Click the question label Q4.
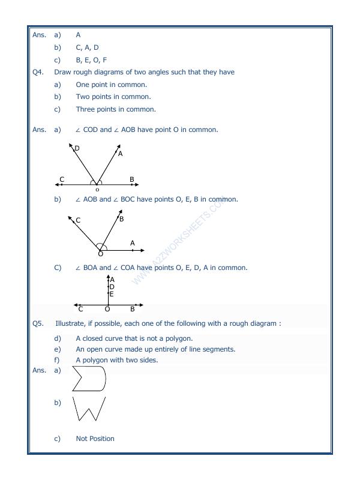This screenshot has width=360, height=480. pyautogui.click(x=37, y=72)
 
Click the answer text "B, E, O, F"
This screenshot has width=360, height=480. pyautogui.click(x=91, y=60)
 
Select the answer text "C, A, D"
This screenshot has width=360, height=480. pyautogui.click(x=87, y=47)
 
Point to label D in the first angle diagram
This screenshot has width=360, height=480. pyautogui.click(x=77, y=148)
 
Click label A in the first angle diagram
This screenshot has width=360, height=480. pyautogui.click(x=120, y=154)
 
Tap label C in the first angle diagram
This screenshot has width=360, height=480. pyautogui.click(x=62, y=179)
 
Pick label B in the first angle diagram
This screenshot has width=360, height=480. pyautogui.click(x=131, y=179)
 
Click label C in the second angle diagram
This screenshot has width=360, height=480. pyautogui.click(x=78, y=220)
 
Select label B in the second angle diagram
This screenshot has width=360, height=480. pyautogui.click(x=121, y=219)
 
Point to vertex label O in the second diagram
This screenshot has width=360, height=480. pyautogui.click(x=100, y=253)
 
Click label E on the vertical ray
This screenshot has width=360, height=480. pyautogui.click(x=112, y=294)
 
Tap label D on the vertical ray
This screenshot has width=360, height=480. pyautogui.click(x=112, y=287)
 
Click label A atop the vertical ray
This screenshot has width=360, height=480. pyautogui.click(x=112, y=280)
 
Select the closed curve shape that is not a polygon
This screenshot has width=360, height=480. pyautogui.click(x=89, y=379)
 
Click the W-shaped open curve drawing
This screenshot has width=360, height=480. pyautogui.click(x=89, y=409)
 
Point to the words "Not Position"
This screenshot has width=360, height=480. pyautogui.click(x=95, y=439)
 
